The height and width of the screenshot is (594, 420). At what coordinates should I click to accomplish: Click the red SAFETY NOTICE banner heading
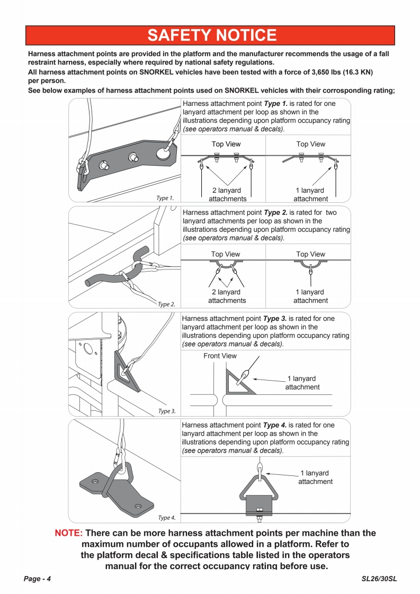pyautogui.click(x=211, y=35)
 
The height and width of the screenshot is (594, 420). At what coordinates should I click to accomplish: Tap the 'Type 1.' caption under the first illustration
pyautogui.click(x=165, y=198)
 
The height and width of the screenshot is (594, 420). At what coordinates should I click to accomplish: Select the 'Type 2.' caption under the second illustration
pyautogui.click(x=166, y=304)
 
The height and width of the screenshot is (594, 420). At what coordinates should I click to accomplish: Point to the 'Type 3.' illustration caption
pyautogui.click(x=167, y=411)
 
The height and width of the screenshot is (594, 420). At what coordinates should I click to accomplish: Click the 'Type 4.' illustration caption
pyautogui.click(x=167, y=518)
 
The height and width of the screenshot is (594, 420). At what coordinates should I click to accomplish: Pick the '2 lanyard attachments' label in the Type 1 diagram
pyautogui.click(x=227, y=195)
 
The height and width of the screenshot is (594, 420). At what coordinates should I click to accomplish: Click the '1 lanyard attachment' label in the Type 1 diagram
pyautogui.click(x=310, y=195)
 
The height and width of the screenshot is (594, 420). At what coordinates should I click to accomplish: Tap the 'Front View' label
pyautogui.click(x=220, y=356)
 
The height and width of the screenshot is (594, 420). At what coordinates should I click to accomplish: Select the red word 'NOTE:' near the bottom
pyautogui.click(x=69, y=533)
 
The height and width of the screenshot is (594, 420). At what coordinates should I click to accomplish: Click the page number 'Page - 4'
pyautogui.click(x=37, y=579)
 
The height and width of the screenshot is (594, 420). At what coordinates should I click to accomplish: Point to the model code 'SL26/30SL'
pyautogui.click(x=379, y=579)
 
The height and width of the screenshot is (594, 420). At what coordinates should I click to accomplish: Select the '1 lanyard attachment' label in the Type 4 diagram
pyautogui.click(x=315, y=477)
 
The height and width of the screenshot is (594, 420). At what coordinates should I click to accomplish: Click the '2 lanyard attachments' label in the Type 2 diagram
pyautogui.click(x=227, y=296)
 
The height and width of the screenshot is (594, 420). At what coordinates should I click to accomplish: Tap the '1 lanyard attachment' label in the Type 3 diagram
pyautogui.click(x=302, y=383)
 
